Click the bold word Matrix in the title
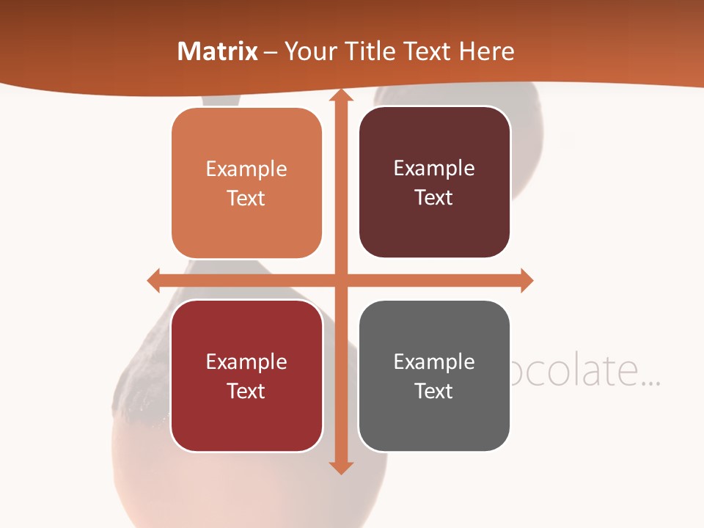[218, 51]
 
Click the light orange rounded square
[246, 183]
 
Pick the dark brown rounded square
[434, 182]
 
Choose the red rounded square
[246, 375]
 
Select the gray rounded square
[434, 375]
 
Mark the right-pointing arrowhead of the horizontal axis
[526, 280]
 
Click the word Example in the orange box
[246, 169]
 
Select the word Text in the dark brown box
[434, 198]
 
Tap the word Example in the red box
[246, 362]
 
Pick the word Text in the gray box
[434, 391]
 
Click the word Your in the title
[309, 51]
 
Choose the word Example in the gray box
[434, 362]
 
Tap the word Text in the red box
[246, 391]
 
